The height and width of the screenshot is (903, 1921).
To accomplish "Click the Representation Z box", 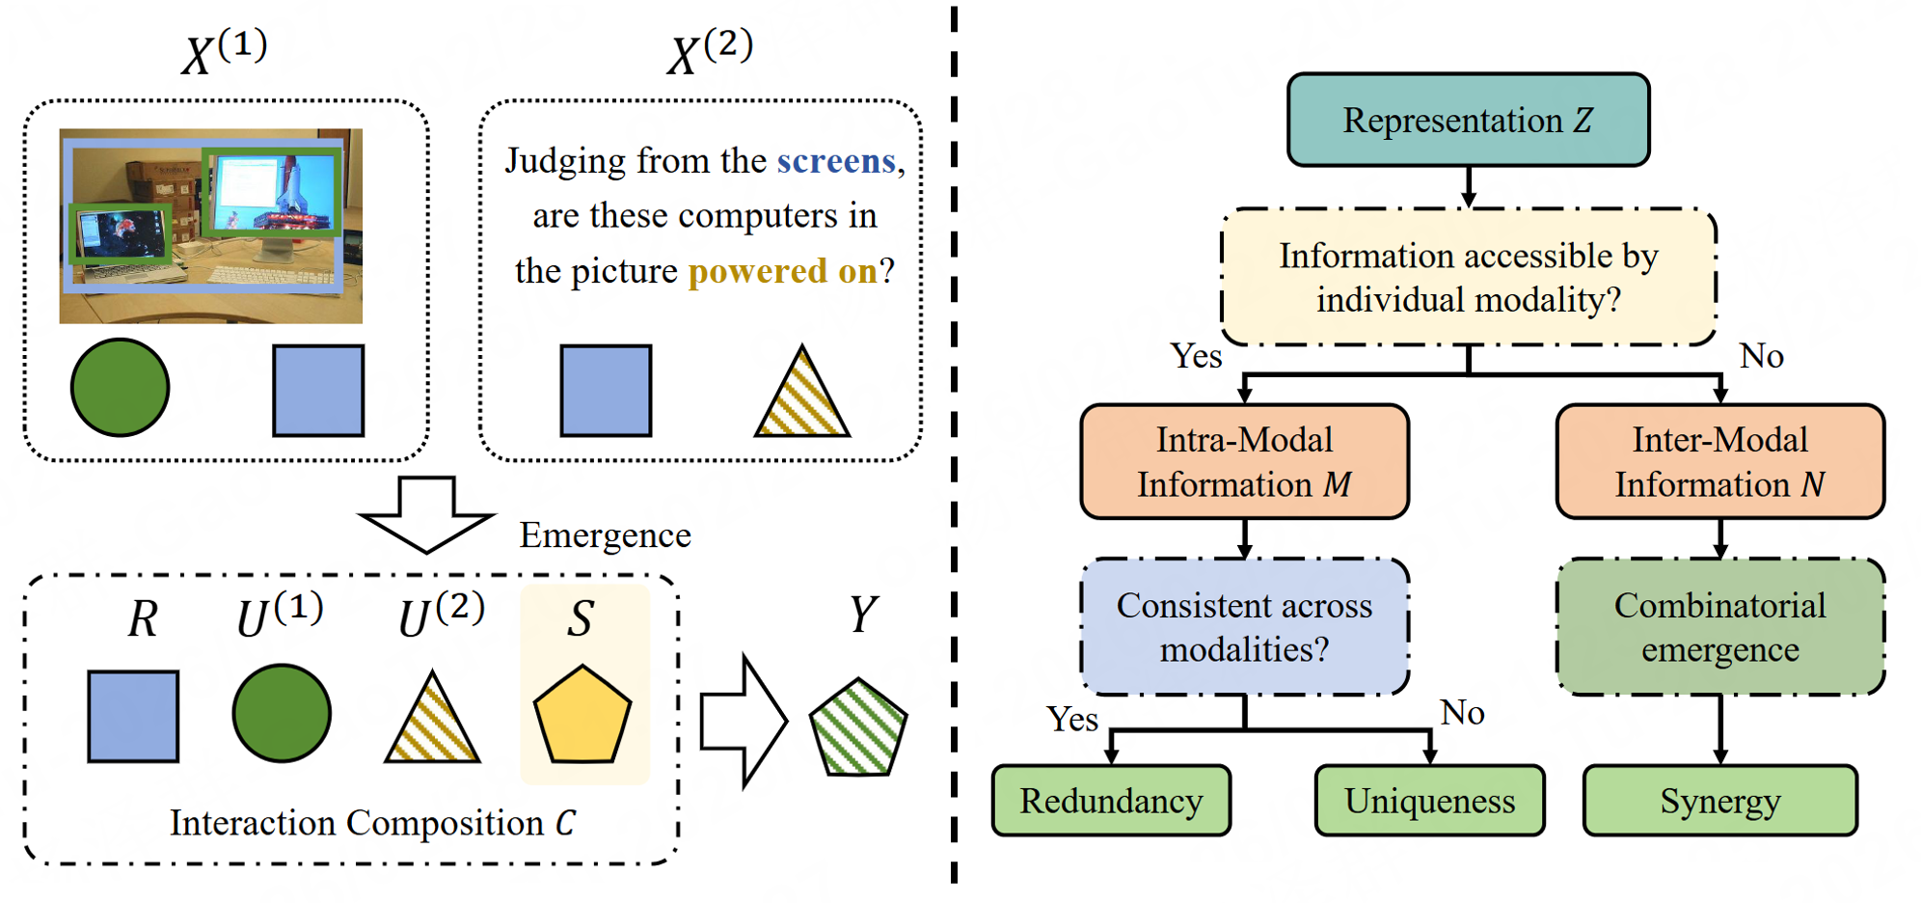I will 1468,120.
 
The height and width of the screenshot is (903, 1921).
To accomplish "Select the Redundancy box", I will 1111,801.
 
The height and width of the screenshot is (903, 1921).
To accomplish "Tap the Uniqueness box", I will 1429,801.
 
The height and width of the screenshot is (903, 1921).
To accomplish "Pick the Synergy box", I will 1719,801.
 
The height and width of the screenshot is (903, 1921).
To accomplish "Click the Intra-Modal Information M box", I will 1244,462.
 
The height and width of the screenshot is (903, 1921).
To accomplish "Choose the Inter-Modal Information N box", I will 1719,462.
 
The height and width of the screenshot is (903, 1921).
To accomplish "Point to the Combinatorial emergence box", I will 1719,627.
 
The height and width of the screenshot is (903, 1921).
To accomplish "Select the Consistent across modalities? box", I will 1244,627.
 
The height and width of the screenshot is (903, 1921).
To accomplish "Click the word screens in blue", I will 836,161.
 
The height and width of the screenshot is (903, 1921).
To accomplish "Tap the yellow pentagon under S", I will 582,716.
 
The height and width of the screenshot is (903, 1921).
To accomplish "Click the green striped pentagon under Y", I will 857,728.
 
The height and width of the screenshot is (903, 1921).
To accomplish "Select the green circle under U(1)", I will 282,714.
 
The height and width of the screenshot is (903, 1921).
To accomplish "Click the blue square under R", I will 133,717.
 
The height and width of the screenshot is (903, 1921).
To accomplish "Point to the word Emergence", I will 605,535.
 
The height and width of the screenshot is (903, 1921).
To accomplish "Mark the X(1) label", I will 224,52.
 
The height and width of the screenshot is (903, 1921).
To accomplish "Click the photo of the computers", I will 210,226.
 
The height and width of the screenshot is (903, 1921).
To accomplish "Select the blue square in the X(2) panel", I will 606,391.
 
